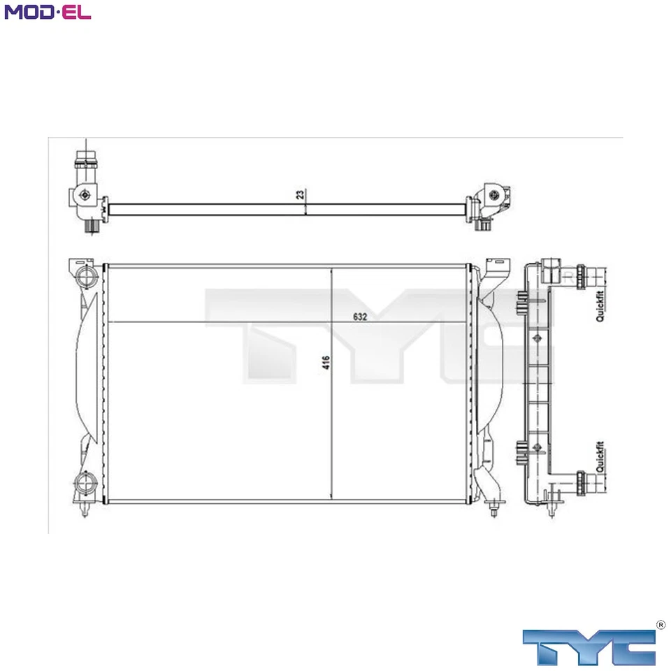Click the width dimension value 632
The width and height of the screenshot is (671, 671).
(360, 317)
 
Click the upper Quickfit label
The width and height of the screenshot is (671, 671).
(600, 305)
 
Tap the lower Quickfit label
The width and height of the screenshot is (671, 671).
(600, 457)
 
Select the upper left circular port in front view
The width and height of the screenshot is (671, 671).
(85, 277)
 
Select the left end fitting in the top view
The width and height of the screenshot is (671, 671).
(86, 192)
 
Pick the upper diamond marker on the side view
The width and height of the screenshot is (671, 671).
(537, 339)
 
